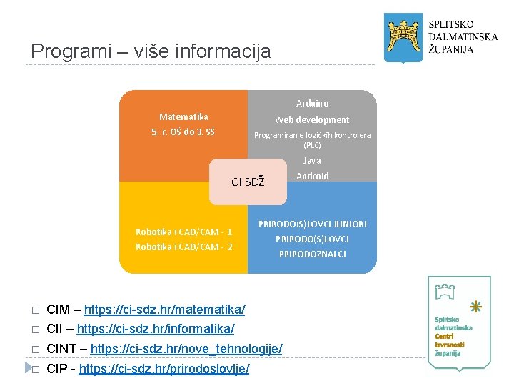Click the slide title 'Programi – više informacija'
(151, 51)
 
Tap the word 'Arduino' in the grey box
(312, 104)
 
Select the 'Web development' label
(312, 119)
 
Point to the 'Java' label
(312, 161)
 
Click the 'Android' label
(312, 176)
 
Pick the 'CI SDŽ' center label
(248, 182)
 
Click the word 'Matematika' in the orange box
(183, 117)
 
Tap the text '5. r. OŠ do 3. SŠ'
(183, 132)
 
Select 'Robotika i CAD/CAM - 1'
(183, 232)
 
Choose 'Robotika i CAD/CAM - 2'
(183, 247)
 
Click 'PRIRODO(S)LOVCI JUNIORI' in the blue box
(312, 224)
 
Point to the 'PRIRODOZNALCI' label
(312, 254)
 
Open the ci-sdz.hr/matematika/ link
(164, 310)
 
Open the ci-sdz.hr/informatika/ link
(155, 329)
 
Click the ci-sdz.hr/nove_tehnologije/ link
(186, 349)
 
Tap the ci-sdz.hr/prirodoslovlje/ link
(163, 369)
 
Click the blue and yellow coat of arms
(402, 36)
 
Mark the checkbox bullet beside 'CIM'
(33, 310)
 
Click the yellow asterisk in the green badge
(475, 306)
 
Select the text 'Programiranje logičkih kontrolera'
(312, 135)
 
